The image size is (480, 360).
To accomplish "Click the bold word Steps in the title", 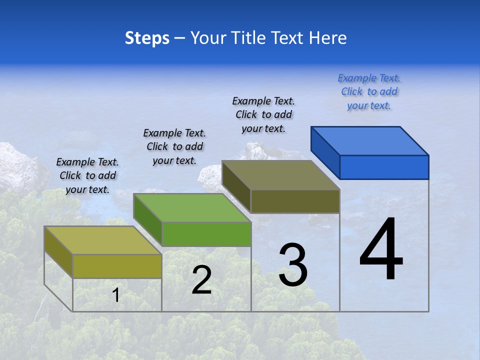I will [147, 38].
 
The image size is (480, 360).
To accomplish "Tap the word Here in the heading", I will [327, 38].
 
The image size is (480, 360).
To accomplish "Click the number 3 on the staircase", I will [293, 265].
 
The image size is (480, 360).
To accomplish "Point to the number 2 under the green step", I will [201, 279].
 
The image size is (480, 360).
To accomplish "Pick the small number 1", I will [115, 295].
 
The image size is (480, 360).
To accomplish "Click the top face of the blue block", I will [370, 140].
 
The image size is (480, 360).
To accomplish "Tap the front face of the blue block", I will [384, 167].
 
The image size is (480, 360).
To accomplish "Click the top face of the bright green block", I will [192, 207].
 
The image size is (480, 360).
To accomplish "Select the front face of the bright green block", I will [206, 234].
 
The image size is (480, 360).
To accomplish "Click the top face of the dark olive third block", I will [281, 175].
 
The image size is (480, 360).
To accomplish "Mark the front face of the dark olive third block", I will [295, 201].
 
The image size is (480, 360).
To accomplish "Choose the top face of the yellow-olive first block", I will [103, 240].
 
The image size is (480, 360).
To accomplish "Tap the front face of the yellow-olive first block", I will [117, 266].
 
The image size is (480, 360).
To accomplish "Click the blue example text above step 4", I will [369, 91].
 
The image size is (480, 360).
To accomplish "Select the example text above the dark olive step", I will [263, 114].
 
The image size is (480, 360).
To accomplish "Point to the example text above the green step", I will [174, 146].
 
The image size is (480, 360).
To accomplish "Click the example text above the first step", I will [87, 175].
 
